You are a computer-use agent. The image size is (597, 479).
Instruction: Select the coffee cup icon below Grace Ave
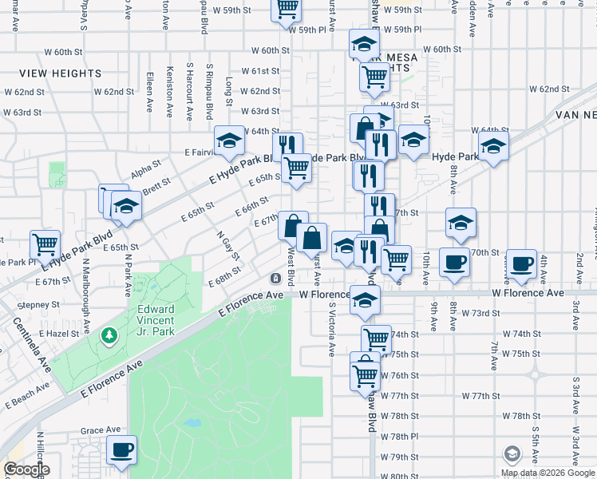[x=121, y=449]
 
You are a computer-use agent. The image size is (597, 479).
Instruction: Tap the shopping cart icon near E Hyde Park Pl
[x=45, y=243]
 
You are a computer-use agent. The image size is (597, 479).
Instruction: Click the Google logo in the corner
[x=26, y=470]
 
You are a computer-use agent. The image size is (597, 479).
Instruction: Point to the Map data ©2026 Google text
[x=548, y=473]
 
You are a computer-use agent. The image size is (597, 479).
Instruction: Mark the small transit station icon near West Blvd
[x=275, y=278]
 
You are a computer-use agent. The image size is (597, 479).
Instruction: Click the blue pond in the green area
[x=192, y=422]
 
